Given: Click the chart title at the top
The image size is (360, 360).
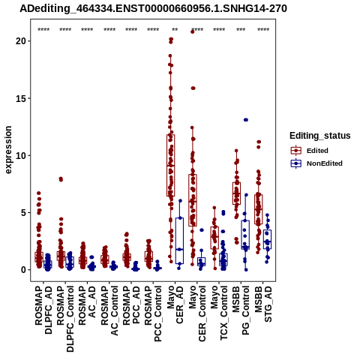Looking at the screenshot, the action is pos(153,9).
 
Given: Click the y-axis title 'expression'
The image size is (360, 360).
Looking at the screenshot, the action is pos(8,150).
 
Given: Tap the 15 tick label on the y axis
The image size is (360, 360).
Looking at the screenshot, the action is pos(21,98).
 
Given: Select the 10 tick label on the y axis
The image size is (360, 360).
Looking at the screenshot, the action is pos(21,155).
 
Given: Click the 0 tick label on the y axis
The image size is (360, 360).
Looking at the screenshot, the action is pos(24,270).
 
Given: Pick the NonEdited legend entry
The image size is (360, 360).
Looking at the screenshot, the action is pos(316,163).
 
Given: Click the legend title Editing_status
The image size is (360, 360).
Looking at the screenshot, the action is pos(320,136).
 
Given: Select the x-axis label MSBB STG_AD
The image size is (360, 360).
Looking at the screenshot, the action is pos(263,304).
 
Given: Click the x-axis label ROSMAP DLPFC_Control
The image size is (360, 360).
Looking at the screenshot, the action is pos(65,319).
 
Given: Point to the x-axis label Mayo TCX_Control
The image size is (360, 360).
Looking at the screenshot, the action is pos(219,313).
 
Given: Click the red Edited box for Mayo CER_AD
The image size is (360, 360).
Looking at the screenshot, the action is pos(171,165).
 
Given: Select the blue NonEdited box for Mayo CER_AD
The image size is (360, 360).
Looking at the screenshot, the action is pos(179,241).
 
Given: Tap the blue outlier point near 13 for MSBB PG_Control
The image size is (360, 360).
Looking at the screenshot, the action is pos(246,120).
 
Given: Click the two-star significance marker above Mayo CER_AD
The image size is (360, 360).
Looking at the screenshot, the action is pos(175,30).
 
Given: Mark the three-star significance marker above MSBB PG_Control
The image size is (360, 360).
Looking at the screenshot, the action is pos(241,30).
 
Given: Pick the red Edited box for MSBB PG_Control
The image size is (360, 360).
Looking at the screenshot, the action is pos(236,193).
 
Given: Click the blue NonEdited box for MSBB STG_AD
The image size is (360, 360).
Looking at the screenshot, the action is pos(267,239).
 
